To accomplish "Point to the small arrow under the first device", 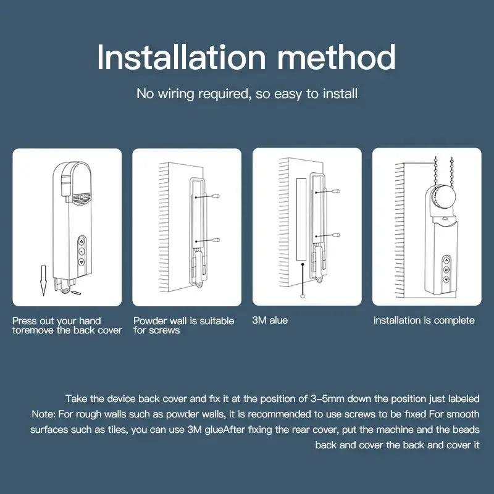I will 75,291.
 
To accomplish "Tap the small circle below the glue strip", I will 302,296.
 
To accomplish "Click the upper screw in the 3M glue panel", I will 338,192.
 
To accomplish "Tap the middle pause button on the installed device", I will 445,270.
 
